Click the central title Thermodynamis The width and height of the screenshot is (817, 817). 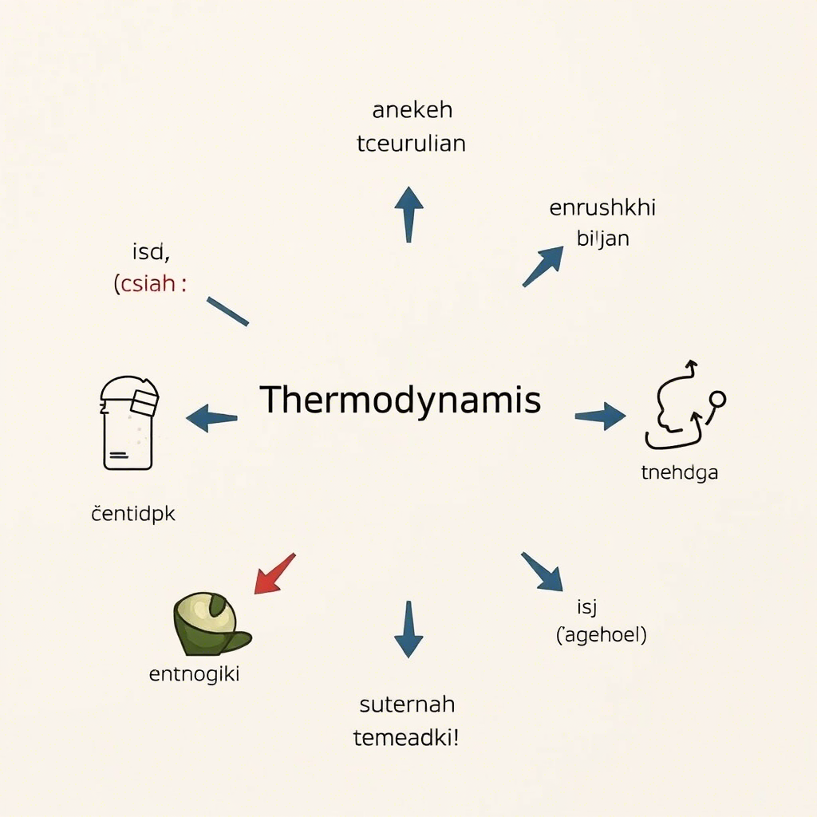coord(401,400)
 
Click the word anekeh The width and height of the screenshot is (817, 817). coord(412,110)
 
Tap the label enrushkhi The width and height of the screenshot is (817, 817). coord(602,208)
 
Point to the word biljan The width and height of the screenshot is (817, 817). coord(602,238)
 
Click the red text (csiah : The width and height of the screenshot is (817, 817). coord(150,284)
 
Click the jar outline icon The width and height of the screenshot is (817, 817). coord(129,422)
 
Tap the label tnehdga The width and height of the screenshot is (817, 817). coord(680,472)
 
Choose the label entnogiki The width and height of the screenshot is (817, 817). coord(195,674)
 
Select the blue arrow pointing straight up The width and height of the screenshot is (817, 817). coord(408,213)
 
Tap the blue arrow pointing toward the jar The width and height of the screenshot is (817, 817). coord(211,417)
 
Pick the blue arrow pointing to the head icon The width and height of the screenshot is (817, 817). coord(601,416)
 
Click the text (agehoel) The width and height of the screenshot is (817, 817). coord(601,636)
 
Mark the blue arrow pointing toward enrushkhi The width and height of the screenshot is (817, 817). coord(543,266)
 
